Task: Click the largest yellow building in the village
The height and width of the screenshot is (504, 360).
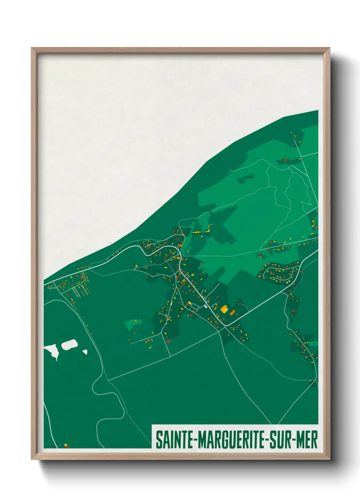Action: click(224, 309)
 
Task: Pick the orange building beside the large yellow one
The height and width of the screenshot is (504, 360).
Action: click(233, 312)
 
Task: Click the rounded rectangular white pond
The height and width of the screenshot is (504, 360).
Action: click(69, 344)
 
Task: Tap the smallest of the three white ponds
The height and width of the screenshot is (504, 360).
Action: click(85, 352)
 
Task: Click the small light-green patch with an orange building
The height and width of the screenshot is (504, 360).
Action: click(133, 324)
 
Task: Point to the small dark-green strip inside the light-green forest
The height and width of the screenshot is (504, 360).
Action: click(245, 178)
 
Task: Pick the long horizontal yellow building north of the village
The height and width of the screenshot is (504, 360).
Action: click(197, 232)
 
